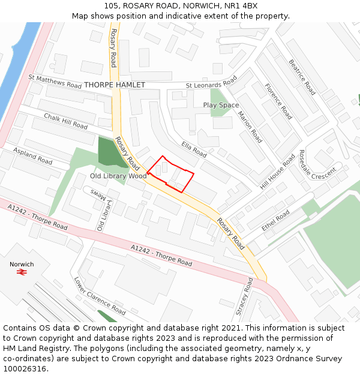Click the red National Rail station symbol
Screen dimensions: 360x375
point(22,272)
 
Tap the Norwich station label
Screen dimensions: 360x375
point(22,264)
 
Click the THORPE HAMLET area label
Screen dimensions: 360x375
point(114,85)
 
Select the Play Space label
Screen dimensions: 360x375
point(221,105)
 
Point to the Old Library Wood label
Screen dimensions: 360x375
point(118,176)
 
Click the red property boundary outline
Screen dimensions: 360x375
point(171,173)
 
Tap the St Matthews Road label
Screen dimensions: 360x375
point(55,82)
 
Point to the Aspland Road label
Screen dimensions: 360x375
point(33,157)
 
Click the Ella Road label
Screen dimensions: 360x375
point(194,149)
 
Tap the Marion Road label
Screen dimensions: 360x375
point(250,127)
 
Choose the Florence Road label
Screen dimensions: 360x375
point(277,101)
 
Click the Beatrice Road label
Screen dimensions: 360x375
point(302,77)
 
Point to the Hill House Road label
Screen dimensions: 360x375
point(277,172)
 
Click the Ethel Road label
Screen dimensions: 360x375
point(276,220)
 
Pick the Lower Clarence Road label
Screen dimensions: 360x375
point(100,296)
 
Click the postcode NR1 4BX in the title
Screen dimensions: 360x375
point(240,6)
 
